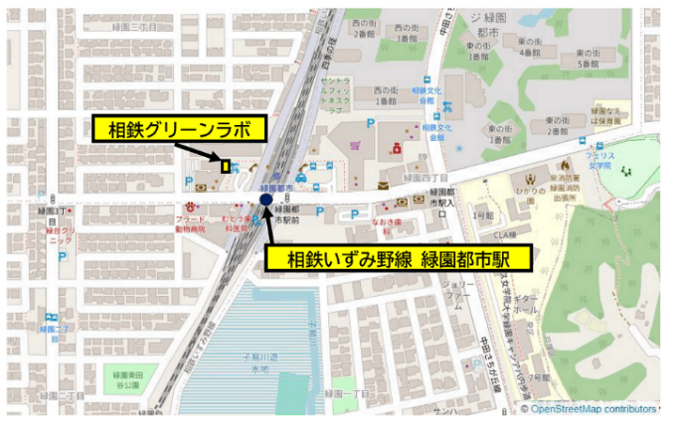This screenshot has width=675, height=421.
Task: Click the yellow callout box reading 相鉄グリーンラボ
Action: point(180,128)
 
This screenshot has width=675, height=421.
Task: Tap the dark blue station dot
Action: point(266,201)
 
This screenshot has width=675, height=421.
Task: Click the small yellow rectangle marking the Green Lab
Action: point(227,166)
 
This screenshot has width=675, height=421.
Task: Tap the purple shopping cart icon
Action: point(355,146)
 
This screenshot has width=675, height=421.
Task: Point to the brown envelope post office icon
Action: point(383,186)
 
